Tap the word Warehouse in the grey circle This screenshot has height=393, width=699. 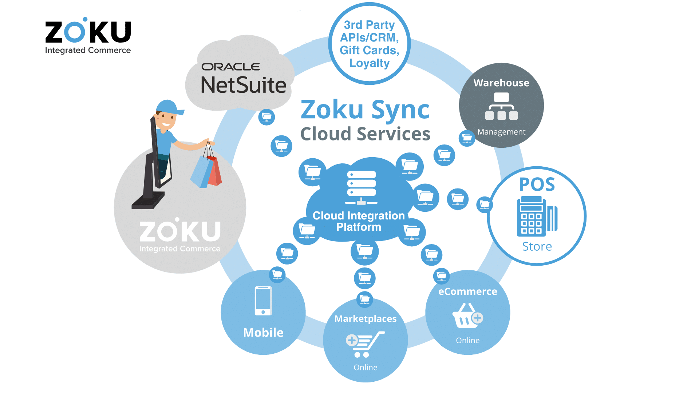(x=501, y=83)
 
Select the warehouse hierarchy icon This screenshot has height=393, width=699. (x=501, y=106)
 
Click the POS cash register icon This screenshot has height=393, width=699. (x=536, y=217)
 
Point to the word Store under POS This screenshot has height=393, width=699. (x=537, y=246)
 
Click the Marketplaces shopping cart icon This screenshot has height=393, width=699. (x=364, y=344)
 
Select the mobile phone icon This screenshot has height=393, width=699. (x=263, y=301)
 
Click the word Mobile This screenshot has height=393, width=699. (x=263, y=333)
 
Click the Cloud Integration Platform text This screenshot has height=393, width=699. (x=359, y=221)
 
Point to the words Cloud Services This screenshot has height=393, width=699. (x=365, y=134)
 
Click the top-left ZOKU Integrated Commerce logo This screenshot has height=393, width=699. (x=88, y=36)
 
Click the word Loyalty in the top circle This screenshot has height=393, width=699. (x=369, y=63)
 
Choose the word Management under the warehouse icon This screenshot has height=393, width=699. (x=501, y=132)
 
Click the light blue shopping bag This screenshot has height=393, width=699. (x=201, y=172)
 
